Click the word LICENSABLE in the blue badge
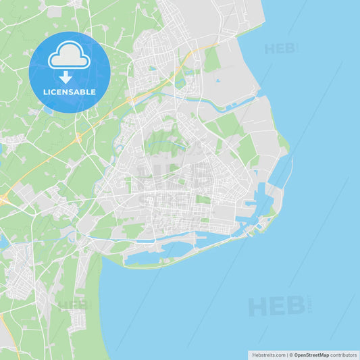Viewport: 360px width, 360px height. click(70, 92)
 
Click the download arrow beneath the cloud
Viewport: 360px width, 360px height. click(66, 76)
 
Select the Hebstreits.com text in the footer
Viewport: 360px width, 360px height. click(268, 355)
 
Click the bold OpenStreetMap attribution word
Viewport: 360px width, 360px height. click(311, 355)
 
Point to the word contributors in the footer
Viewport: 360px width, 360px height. click(343, 355)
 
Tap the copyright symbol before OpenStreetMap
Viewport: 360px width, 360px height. click(291, 355)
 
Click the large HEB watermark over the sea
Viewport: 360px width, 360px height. click(276, 306)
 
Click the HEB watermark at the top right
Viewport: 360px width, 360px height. click(280, 49)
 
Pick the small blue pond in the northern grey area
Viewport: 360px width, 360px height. click(217, 81)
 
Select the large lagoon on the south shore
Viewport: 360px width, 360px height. click(145, 255)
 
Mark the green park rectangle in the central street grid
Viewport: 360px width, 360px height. click(203, 199)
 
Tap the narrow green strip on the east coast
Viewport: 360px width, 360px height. click(282, 142)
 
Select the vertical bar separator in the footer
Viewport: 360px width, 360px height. click(287, 355)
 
